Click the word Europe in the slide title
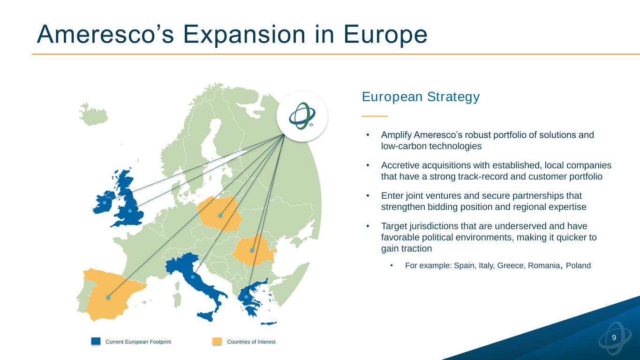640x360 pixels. (x=385, y=35)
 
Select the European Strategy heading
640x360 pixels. (x=421, y=97)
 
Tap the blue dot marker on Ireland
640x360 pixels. (x=105, y=202)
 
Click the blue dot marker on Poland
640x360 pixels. (x=220, y=215)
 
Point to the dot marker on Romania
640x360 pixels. (x=252, y=250)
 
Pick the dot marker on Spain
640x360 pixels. (x=108, y=297)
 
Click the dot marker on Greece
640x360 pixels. (x=246, y=297)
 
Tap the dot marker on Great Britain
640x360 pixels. (x=130, y=211)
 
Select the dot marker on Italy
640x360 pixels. (x=193, y=277)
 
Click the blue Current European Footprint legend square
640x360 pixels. (x=96, y=341)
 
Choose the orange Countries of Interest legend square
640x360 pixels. (x=217, y=341)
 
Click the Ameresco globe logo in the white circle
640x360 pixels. (x=302, y=116)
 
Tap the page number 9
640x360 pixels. (x=614, y=337)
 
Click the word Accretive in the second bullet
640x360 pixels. (x=400, y=165)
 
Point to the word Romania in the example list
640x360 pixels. (x=544, y=266)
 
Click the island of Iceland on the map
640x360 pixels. (x=93, y=115)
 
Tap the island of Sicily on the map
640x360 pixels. (x=206, y=316)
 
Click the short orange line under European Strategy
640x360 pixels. (x=375, y=116)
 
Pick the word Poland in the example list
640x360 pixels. (x=578, y=266)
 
